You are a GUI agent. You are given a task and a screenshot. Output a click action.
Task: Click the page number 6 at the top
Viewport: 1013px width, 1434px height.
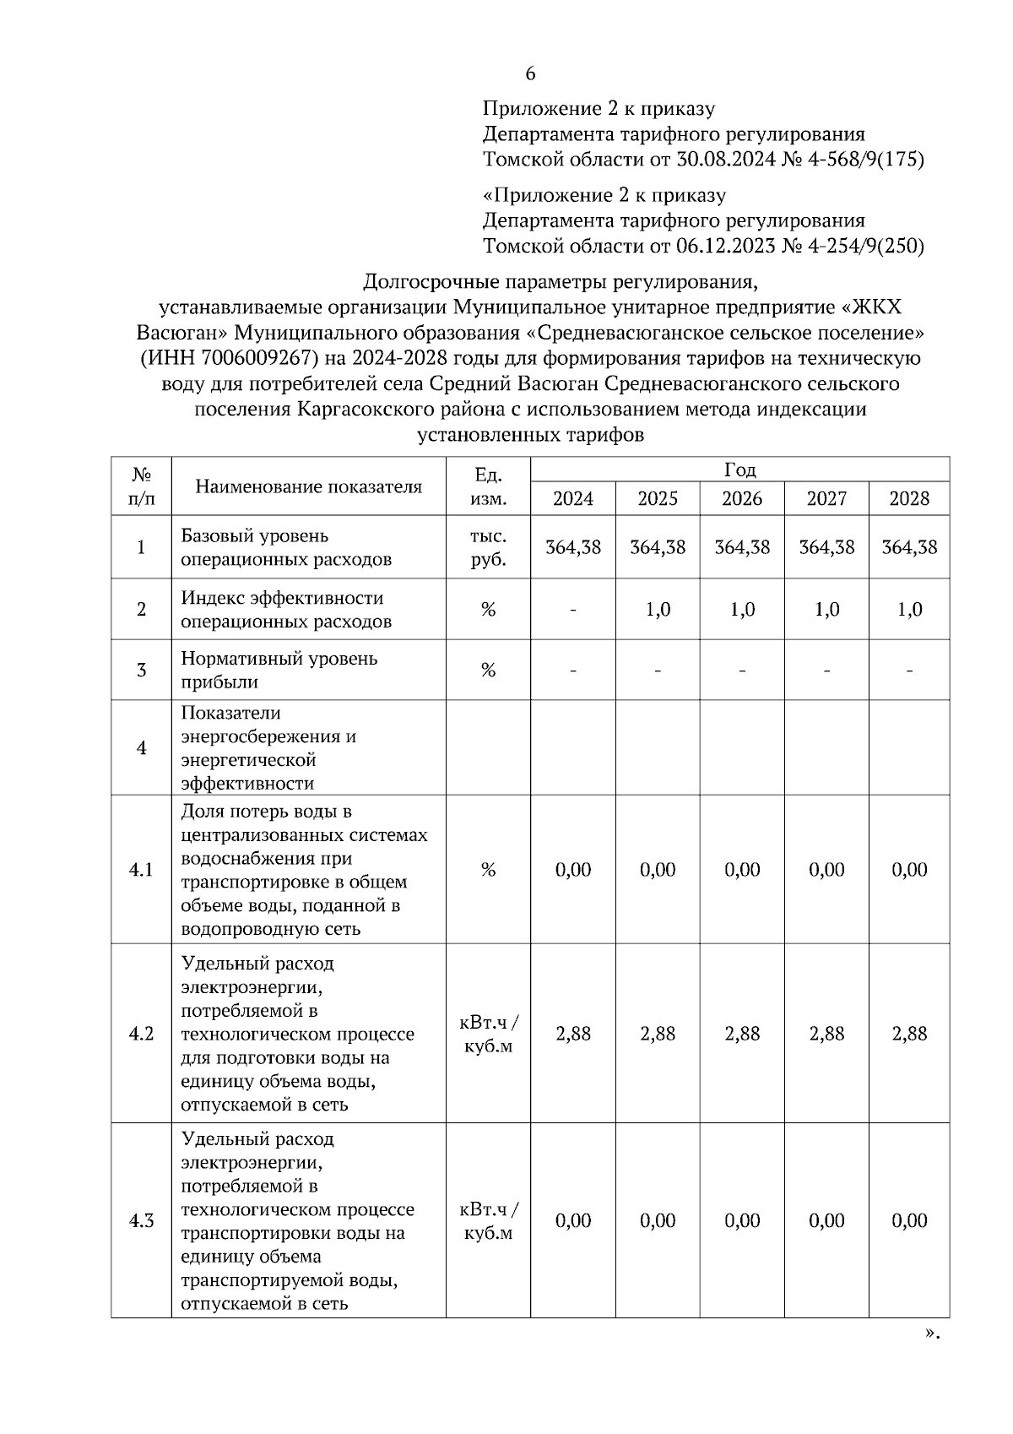[530, 74]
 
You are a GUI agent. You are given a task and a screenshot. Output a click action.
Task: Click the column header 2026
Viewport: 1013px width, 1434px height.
[742, 498]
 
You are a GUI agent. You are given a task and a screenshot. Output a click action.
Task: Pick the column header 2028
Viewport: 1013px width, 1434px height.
[909, 498]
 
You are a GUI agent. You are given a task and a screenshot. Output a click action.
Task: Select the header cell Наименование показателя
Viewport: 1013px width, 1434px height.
[308, 486]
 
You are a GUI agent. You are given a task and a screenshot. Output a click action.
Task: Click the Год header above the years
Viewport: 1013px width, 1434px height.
[739, 470]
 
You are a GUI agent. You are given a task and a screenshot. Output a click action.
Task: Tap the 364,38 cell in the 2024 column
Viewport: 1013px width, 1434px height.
[573, 547]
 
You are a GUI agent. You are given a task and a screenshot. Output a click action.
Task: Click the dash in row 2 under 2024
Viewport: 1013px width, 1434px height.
[573, 610]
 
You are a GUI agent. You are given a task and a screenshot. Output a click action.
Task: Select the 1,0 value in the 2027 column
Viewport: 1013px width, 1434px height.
[826, 610]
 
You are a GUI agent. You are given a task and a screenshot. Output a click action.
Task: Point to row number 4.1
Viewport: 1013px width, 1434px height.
[141, 870]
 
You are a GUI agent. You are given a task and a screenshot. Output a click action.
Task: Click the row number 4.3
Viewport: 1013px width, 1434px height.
[141, 1220]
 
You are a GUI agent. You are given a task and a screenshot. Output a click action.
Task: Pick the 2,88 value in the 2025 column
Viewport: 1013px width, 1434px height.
[658, 1034]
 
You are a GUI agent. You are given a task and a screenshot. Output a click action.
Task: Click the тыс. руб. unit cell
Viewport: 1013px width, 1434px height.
[488, 547]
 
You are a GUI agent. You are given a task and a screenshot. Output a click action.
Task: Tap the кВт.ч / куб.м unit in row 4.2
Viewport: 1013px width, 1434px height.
[488, 1034]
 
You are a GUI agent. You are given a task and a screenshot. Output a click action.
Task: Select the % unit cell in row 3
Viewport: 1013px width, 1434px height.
[488, 671]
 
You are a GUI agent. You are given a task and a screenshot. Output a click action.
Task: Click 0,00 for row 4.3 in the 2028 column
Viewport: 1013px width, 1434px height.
[909, 1220]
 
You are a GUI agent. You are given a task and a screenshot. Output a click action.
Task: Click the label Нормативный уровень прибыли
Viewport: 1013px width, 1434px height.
[279, 670]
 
